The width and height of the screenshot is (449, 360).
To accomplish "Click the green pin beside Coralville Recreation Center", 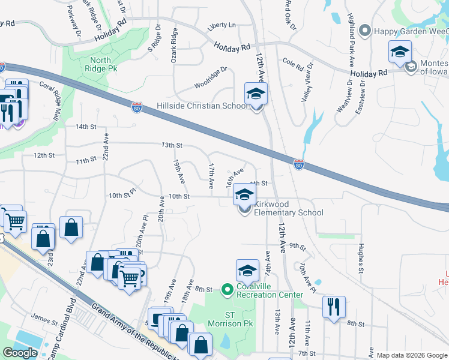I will point(227,290).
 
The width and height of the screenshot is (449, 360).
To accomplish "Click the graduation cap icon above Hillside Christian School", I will point(256,94).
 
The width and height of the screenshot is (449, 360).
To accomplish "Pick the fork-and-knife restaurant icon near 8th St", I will point(334,306).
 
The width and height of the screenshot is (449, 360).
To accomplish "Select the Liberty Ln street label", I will point(221,25).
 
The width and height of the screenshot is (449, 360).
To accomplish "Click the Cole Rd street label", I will point(293,62).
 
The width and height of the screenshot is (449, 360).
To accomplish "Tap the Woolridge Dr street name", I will point(211,77).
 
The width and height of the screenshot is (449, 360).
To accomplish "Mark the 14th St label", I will point(86,127).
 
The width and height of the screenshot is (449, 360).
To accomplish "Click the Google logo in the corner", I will point(20,353).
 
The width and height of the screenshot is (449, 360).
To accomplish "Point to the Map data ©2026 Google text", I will point(411,355).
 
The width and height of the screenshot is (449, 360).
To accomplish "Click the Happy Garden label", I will point(410,31).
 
